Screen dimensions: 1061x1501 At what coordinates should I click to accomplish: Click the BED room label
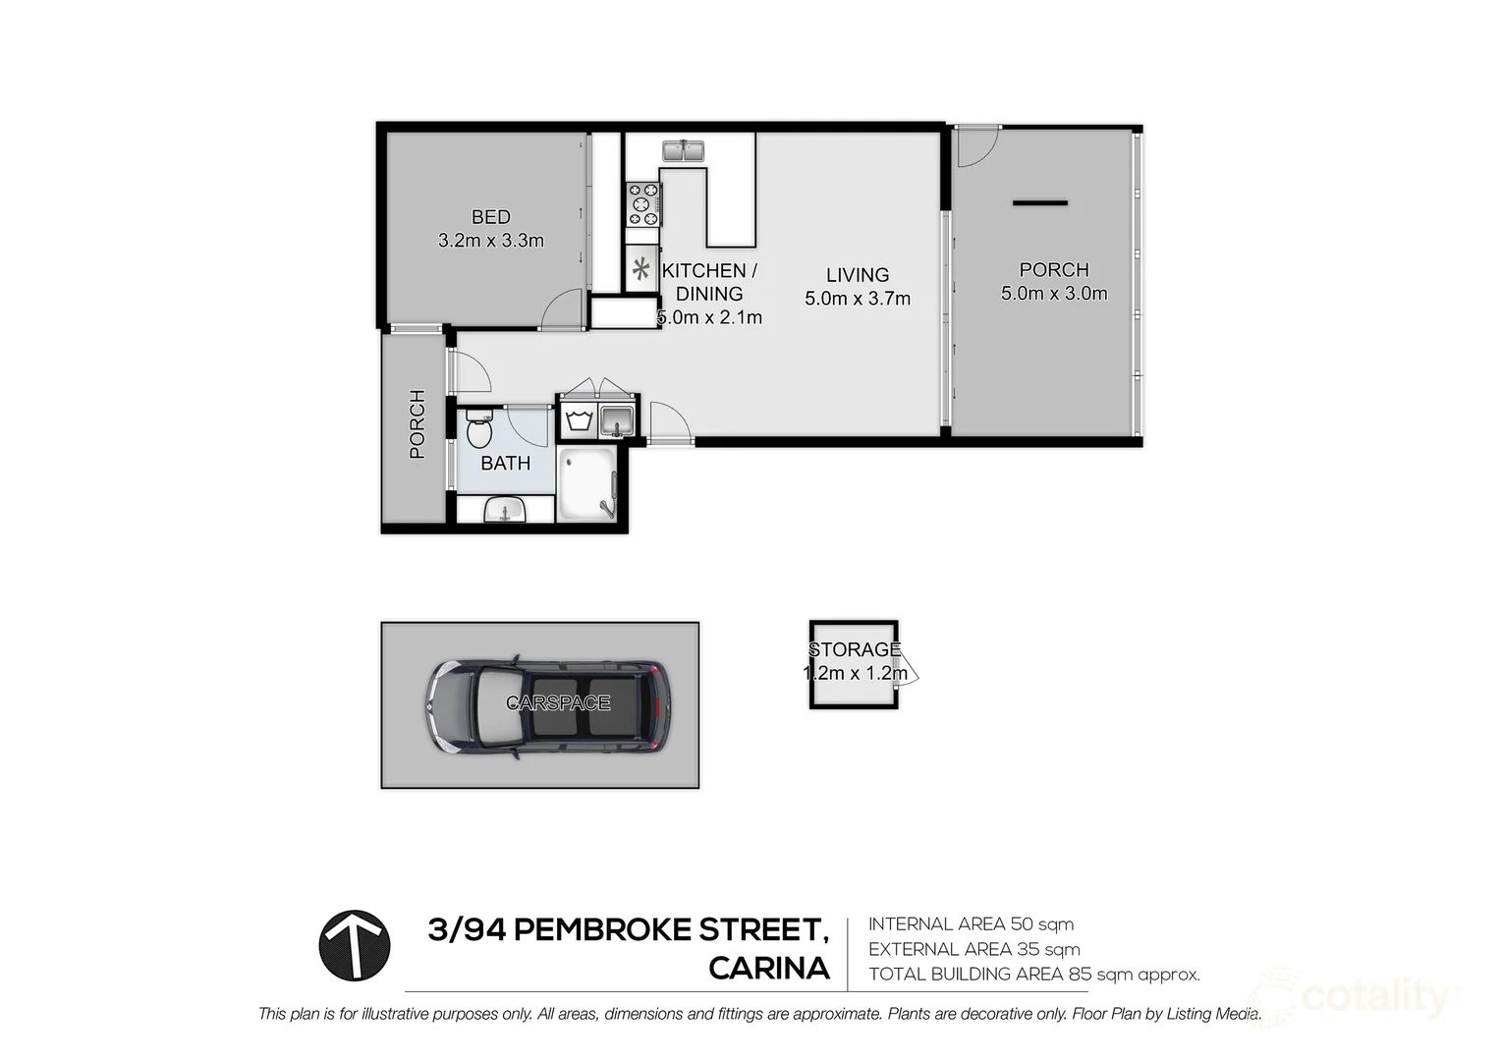click(x=490, y=217)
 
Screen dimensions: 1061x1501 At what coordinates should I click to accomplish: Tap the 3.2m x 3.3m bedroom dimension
click(x=490, y=241)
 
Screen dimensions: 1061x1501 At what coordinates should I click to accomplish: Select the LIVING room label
click(x=857, y=275)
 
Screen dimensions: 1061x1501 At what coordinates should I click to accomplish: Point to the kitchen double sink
click(x=684, y=151)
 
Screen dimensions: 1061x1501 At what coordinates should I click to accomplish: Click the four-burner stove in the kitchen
click(x=643, y=204)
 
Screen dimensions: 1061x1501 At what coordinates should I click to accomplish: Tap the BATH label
click(x=505, y=463)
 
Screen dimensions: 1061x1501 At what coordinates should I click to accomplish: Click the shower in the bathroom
click(x=586, y=484)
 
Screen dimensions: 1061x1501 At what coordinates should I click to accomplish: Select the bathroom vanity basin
click(x=506, y=510)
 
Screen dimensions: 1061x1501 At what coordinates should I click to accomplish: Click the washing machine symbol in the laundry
click(x=577, y=420)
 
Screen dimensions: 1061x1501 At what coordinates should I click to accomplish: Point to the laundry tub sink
click(x=618, y=420)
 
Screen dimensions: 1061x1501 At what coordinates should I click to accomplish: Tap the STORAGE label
click(x=854, y=649)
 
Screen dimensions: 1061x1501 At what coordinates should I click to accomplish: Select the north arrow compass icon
click(x=355, y=945)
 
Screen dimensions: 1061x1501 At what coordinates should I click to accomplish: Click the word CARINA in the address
click(x=769, y=969)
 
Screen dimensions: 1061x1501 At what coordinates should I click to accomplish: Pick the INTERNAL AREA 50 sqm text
click(x=971, y=923)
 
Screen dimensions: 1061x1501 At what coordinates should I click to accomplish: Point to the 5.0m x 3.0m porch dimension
click(x=1054, y=293)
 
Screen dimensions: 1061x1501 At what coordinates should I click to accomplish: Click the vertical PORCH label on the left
click(x=417, y=424)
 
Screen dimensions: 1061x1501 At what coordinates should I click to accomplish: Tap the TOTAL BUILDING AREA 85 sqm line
click(x=1033, y=975)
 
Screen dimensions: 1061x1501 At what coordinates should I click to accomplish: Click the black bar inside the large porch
click(x=1040, y=203)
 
